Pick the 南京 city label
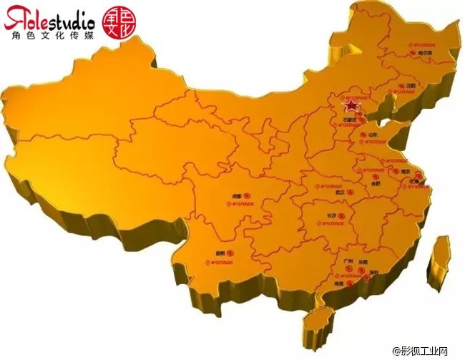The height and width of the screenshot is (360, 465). pyautogui.click(x=405, y=172)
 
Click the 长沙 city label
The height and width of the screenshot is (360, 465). pyautogui.click(x=332, y=214)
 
